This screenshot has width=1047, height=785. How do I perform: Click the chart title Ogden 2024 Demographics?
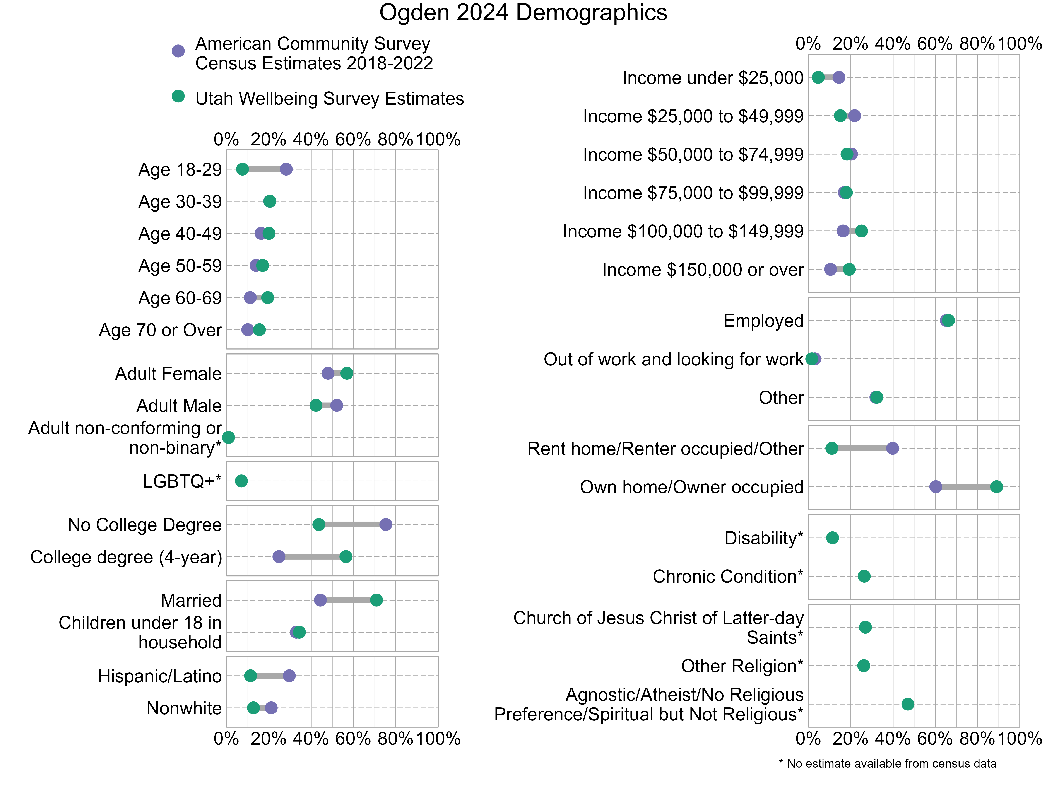(523, 13)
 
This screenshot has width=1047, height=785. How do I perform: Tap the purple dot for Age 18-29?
(286, 169)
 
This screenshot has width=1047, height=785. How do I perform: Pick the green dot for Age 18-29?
(242, 169)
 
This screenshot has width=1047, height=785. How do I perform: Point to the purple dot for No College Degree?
(386, 524)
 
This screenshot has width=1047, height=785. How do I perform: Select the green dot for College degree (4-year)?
(346, 556)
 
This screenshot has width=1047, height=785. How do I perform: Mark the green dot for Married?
(376, 600)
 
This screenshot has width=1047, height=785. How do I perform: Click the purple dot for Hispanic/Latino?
(289, 676)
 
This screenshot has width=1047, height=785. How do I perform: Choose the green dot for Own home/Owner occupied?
(996, 487)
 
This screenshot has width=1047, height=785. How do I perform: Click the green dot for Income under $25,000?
(818, 77)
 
